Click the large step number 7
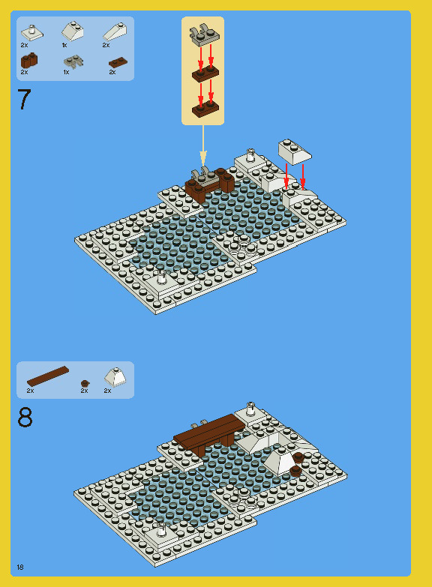click(x=24, y=100)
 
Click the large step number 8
click(x=25, y=418)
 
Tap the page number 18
click(x=20, y=567)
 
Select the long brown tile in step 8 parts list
click(x=47, y=375)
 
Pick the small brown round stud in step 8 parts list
click(x=85, y=383)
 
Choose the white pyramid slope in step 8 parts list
click(x=115, y=376)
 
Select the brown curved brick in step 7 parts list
click(x=29, y=61)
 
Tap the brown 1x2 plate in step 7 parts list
click(x=117, y=63)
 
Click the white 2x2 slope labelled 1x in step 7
click(x=73, y=31)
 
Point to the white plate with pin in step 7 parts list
click(x=31, y=31)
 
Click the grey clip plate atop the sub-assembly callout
click(x=203, y=34)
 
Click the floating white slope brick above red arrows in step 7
click(x=295, y=151)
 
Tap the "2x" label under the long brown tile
click(x=30, y=391)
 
